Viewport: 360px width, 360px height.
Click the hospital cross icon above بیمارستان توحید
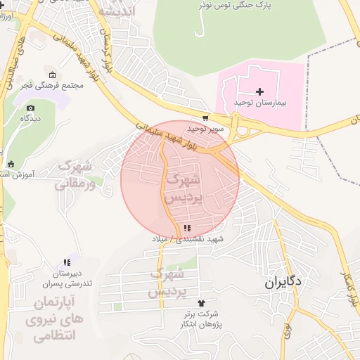(x=260, y=91)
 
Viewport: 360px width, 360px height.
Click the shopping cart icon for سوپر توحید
(x=205, y=118)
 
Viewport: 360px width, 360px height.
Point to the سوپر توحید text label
(x=205, y=129)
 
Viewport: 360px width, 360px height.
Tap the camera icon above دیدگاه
(x=30, y=108)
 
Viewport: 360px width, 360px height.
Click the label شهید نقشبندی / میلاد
(x=186, y=239)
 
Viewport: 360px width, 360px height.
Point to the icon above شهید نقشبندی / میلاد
(x=186, y=228)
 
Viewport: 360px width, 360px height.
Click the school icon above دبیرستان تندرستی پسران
(x=67, y=262)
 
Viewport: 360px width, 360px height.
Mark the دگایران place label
(x=283, y=283)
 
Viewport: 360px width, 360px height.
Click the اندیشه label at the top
(x=117, y=11)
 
